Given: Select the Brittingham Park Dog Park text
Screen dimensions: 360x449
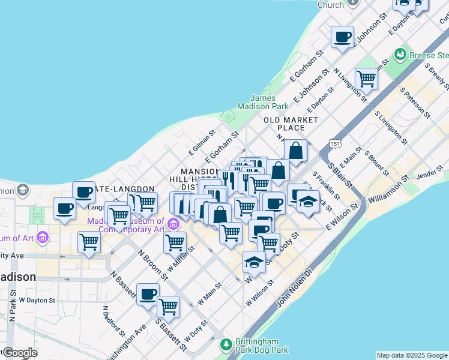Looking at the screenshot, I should pos(262,345).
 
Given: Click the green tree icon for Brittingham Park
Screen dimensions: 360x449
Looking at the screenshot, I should pos(226,344).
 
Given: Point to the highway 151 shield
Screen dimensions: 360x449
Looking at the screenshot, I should pos(335,144).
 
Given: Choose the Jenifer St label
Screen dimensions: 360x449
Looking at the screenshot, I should pos(429,175).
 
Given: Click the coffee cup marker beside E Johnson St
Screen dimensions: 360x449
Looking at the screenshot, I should pos(343,38).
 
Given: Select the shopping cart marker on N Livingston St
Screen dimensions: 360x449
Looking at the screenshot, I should pos(366,78).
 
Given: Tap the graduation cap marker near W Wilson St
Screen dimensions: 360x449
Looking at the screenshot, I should pos(254,262).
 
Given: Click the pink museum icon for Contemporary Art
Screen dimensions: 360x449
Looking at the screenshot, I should pos(173,224).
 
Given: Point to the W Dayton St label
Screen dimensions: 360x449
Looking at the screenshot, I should pos(37,299).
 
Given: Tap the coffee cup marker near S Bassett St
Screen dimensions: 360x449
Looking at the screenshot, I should pos(148,295).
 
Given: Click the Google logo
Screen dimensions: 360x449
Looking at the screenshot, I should pos(19,353).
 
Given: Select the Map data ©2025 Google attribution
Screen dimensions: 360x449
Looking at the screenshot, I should pos(411,355).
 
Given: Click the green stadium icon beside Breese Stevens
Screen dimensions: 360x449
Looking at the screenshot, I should pos(399,55).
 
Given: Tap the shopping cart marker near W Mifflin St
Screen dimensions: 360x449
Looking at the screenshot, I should pos(174,242).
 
